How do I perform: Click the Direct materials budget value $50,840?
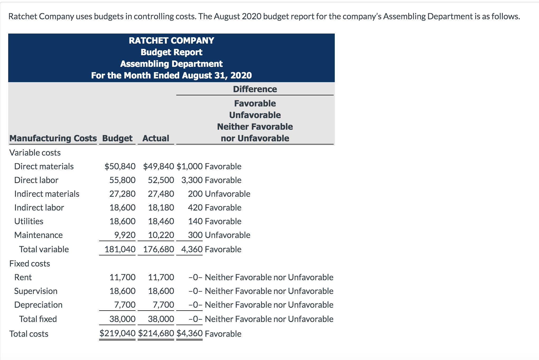[120, 166]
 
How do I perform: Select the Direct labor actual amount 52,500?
[161, 180]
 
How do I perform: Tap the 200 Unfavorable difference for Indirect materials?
[219, 194]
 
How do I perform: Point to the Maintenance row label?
[38, 235]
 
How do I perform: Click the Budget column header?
[117, 138]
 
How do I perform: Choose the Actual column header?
[156, 138]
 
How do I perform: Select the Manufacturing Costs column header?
[53, 138]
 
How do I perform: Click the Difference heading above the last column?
[255, 89]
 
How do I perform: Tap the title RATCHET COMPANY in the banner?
[171, 40]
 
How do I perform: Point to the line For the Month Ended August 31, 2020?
[171, 75]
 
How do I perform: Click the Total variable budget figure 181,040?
[120, 249]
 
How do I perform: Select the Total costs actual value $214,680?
[156, 333]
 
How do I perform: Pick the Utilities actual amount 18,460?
[161, 221]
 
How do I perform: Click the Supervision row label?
[36, 291]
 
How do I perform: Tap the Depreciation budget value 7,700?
[125, 305]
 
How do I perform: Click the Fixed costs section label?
[30, 264]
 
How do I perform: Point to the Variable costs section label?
[35, 153]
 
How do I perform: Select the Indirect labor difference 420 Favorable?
[214, 208]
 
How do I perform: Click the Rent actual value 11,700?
[161, 277]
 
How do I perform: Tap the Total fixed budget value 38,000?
[122, 319]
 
